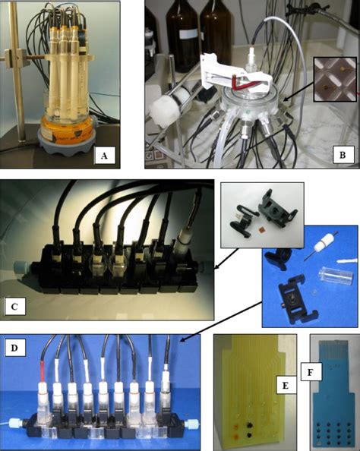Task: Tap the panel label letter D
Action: coord(16,348)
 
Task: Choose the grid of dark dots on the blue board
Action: coord(325,425)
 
